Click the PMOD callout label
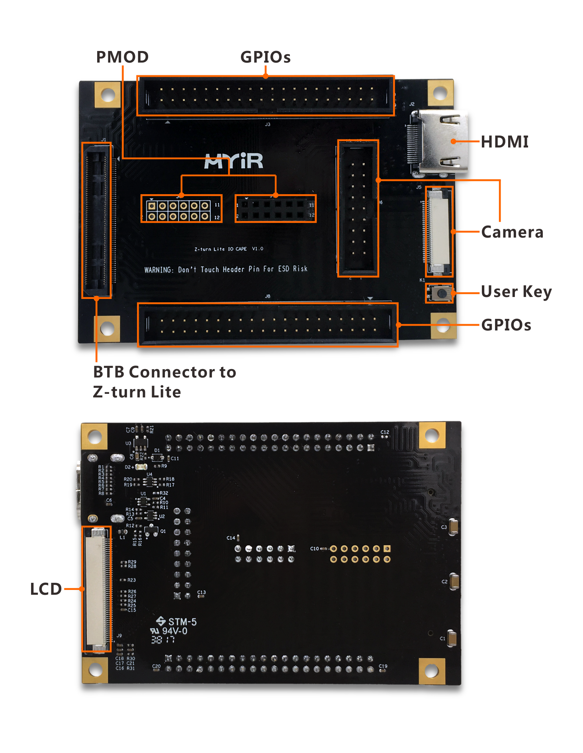pyautogui.click(x=122, y=57)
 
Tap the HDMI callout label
pyautogui.click(x=505, y=142)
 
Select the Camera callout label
pyautogui.click(x=512, y=232)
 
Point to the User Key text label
pyautogui.click(x=516, y=291)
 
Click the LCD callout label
pyautogui.click(x=46, y=589)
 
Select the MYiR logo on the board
pyautogui.click(x=234, y=161)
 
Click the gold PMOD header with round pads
pyautogui.click(x=178, y=211)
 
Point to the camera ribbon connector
pyautogui.click(x=438, y=232)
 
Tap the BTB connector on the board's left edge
pyautogui.click(x=96, y=220)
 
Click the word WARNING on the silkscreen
pyautogui.click(x=158, y=270)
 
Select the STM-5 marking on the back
pyautogui.click(x=182, y=621)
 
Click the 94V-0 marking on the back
pyautogui.click(x=174, y=631)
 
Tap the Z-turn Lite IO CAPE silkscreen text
pyautogui.click(x=221, y=249)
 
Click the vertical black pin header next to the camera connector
pyautogui.click(x=358, y=208)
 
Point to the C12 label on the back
pyautogui.click(x=385, y=432)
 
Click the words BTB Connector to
pyautogui.click(x=164, y=372)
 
